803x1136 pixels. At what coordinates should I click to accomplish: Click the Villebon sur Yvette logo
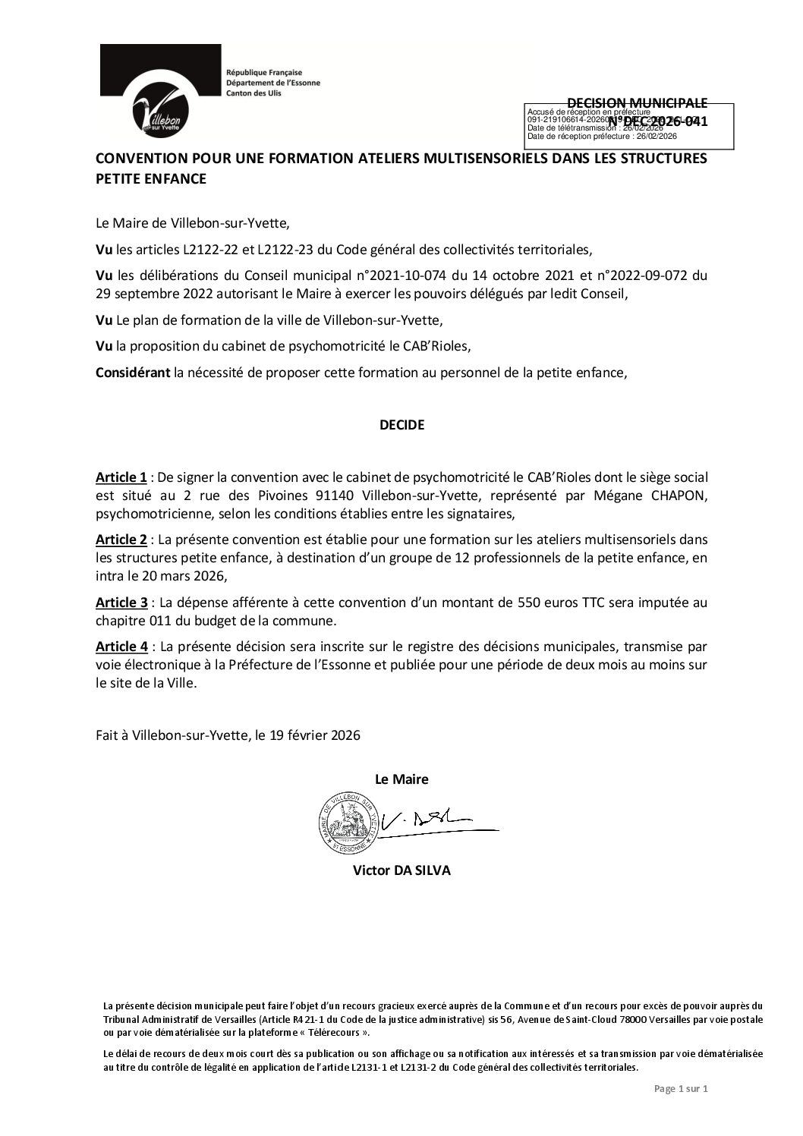[160, 93]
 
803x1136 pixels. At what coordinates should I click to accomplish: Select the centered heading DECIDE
[401, 425]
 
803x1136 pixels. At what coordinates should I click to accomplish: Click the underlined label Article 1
[121, 477]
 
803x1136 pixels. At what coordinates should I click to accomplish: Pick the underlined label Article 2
[121, 540]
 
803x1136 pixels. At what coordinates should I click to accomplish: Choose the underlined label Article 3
[121, 603]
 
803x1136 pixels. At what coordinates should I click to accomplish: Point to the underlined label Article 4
[121, 647]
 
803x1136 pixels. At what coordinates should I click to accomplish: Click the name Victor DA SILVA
[401, 870]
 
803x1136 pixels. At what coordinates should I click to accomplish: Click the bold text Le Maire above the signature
[401, 779]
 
